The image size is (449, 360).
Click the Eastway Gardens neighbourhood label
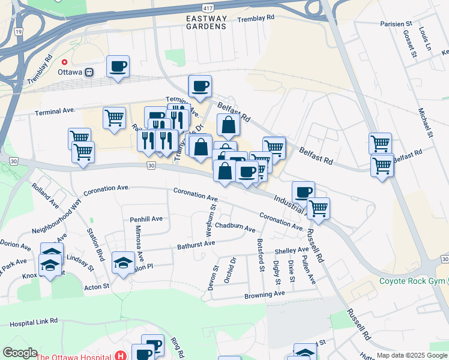tap(206, 22)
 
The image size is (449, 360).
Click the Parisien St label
tap(396, 23)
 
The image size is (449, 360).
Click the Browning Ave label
tap(264, 295)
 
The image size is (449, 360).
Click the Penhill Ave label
tap(146, 220)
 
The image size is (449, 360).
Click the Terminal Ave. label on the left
tap(55, 111)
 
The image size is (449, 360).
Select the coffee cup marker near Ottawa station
tap(118, 67)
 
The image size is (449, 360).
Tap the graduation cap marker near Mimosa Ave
tap(124, 263)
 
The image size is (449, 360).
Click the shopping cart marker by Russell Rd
tap(319, 209)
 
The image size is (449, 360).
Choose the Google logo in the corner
tap(20, 353)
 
